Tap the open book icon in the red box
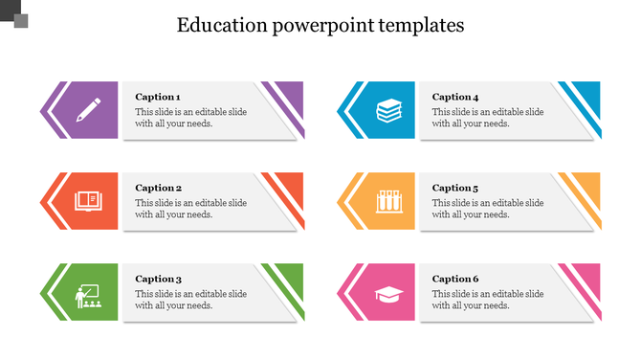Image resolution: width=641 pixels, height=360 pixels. [x=89, y=201]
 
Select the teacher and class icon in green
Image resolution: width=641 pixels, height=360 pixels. [x=89, y=294]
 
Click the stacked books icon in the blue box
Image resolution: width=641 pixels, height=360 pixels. [x=387, y=110]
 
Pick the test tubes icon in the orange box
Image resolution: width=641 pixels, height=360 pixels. [x=387, y=201]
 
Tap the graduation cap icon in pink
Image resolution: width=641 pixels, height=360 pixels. [x=387, y=293]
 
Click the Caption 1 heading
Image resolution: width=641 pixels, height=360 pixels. [x=158, y=97]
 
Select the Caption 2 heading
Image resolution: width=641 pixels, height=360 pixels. [x=158, y=188]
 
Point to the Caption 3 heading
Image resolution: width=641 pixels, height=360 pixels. [x=158, y=279]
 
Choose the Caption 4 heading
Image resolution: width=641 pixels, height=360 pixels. [x=455, y=97]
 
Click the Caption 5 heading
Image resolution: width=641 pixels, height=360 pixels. [x=455, y=188]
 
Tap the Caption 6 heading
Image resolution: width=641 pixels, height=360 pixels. [x=455, y=279]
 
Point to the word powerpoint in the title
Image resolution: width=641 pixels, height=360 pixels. [x=321, y=26]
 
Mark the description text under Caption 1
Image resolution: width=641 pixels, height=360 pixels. [x=190, y=118]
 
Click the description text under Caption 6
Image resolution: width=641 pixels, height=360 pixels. [x=488, y=300]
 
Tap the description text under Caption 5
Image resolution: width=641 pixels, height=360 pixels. [x=488, y=209]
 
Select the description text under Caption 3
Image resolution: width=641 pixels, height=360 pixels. [x=190, y=300]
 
